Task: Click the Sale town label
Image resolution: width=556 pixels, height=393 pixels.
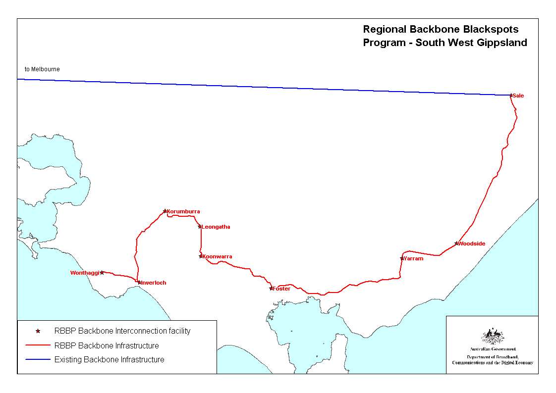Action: (x=518, y=96)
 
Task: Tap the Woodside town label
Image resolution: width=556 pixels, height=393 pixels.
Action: (x=471, y=244)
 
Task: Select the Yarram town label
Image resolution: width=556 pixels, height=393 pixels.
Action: (x=414, y=259)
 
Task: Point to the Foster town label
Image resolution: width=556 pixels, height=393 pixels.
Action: (x=281, y=289)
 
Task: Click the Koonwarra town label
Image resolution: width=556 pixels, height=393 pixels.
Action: (x=217, y=257)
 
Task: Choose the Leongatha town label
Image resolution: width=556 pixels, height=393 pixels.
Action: (x=216, y=227)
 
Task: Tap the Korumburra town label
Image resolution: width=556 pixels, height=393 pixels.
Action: (x=183, y=212)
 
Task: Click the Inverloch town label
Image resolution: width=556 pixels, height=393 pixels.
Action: (x=154, y=283)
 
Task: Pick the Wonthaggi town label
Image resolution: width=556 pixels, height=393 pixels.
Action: (x=85, y=273)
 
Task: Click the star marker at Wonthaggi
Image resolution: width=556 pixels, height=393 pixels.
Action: (x=102, y=272)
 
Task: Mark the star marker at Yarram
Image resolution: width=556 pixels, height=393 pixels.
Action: (x=402, y=258)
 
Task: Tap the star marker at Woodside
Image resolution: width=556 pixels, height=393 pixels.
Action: (x=456, y=244)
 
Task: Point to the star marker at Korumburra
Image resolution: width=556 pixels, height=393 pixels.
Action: (x=165, y=211)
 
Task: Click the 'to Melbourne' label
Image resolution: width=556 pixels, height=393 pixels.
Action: (x=42, y=69)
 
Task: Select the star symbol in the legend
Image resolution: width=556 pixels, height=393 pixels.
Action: (x=38, y=331)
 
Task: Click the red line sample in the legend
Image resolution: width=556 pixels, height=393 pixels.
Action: (x=38, y=345)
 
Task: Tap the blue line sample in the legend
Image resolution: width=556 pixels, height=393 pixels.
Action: (x=38, y=360)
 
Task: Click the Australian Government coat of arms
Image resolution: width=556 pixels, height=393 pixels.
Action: (x=493, y=337)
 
